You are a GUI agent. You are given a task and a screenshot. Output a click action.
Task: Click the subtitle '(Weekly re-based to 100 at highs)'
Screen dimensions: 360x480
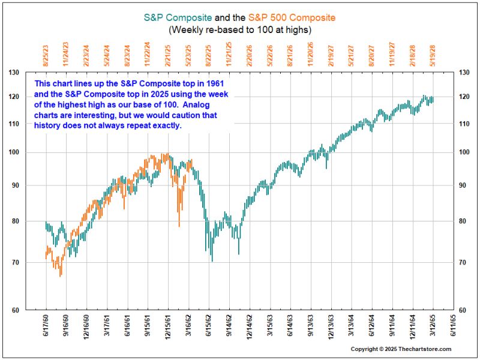(240, 29)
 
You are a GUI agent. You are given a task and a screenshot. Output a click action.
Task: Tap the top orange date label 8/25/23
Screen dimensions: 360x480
(46, 55)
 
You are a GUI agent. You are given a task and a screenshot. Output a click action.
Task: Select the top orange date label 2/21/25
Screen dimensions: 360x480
(168, 55)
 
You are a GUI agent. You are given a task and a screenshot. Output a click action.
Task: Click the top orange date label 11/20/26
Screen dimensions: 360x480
(311, 53)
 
